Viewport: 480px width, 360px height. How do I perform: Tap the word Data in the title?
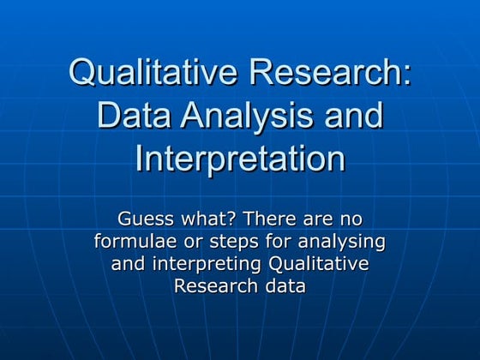(x=134, y=115)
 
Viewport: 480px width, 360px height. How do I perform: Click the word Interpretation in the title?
(x=240, y=159)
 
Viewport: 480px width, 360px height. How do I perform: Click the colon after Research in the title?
(x=405, y=75)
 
